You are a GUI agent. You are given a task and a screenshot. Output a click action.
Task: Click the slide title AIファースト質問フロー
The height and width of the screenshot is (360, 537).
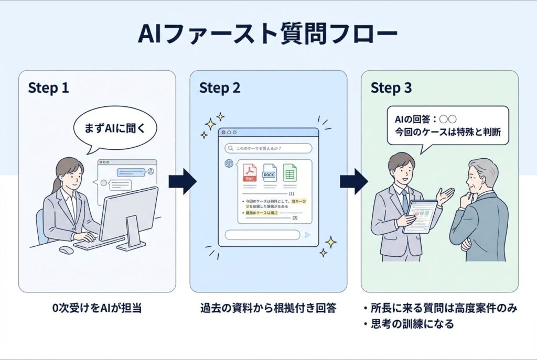coord(267,34)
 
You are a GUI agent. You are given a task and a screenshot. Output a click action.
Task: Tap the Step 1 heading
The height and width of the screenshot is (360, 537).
coord(49,88)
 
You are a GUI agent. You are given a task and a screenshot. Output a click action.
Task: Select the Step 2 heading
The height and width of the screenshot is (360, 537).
coord(220,88)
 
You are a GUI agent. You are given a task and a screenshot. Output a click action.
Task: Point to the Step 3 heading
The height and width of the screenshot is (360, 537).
coord(391,88)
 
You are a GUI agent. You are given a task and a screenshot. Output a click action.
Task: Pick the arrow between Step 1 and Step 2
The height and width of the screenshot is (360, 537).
coord(182,181)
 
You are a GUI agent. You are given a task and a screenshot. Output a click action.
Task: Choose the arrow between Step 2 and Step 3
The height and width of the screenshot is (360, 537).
coord(353,181)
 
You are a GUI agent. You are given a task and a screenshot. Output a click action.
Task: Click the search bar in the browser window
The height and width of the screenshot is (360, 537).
coord(268,148)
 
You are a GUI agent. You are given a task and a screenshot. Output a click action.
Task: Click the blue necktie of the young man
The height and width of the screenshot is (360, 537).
coord(404,200)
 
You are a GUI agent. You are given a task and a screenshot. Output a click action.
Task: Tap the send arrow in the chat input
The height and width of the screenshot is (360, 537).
coord(307,235)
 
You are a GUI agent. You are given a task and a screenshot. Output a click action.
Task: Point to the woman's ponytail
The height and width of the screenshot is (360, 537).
coord(56,185)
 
